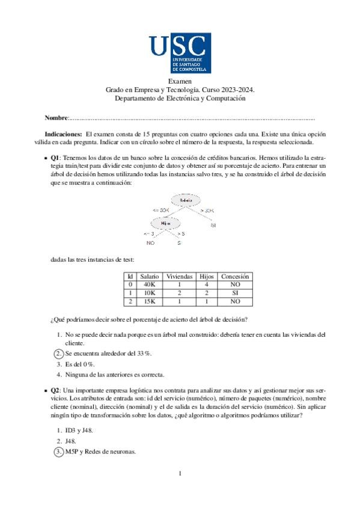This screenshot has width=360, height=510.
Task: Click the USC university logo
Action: (180, 54)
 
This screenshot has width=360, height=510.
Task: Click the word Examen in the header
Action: (180, 81)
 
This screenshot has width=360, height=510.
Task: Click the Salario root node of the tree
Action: (186, 200)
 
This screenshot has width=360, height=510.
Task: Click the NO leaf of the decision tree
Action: (150, 243)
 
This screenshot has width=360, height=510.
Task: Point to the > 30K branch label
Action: (207, 210)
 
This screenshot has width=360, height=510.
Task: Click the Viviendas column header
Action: (180, 276)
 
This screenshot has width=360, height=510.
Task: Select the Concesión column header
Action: (235, 276)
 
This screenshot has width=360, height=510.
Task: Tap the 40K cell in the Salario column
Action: (149, 284)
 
